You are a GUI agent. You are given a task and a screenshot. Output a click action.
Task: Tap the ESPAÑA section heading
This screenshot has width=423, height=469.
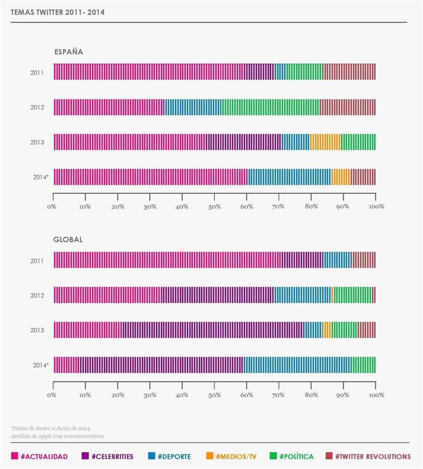coord(68,52)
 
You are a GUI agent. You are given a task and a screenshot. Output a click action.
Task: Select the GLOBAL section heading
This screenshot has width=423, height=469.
coord(68,239)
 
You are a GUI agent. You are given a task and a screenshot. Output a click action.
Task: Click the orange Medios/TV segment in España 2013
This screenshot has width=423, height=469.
coord(325,142)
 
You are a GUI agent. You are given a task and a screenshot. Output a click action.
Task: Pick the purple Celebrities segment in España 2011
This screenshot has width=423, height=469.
coord(259,72)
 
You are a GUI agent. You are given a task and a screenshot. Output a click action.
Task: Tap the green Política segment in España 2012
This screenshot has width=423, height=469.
coord(270,107)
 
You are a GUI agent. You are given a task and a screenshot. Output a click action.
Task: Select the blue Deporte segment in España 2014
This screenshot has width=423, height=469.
coord(289,177)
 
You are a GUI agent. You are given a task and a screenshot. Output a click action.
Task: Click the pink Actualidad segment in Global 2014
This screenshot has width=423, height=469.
coord(66,365)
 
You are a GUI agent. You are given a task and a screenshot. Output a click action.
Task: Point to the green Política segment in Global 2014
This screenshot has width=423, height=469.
coord(363,365)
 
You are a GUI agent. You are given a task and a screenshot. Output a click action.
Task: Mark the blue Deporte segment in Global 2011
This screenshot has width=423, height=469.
coord(337,260)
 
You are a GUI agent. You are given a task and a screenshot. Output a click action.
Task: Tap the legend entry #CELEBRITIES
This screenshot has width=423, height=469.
coord(111,456)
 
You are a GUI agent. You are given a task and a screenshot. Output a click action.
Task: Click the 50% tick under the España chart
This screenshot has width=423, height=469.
coord(214,205)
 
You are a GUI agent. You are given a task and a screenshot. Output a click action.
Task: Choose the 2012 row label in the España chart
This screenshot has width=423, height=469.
coord(37,107)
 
